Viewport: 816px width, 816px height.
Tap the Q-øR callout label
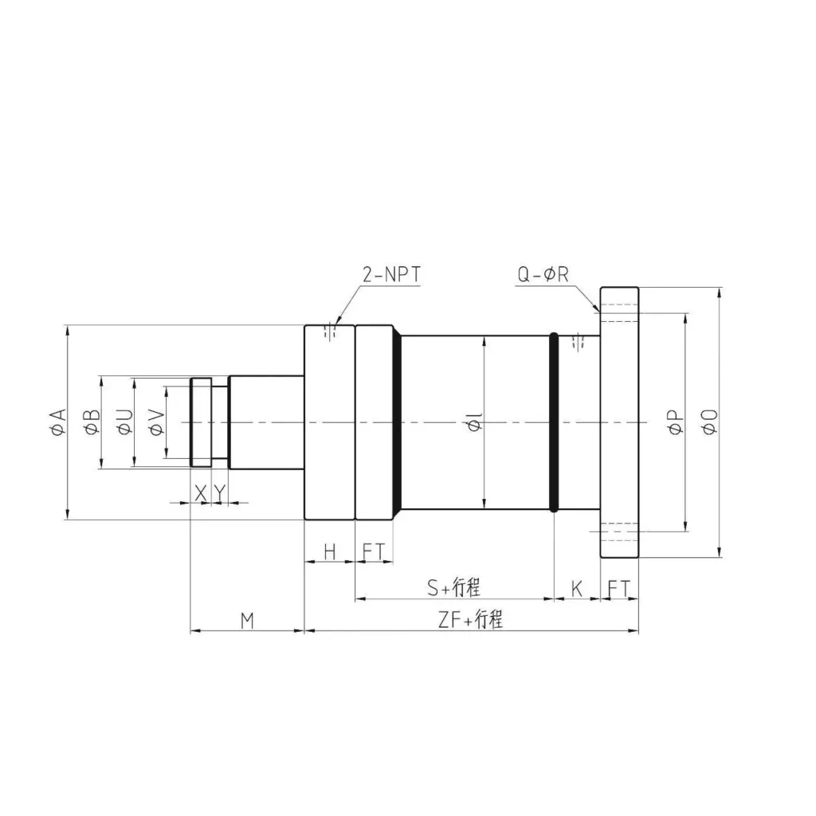(x=543, y=276)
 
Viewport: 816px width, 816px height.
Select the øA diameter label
(x=56, y=422)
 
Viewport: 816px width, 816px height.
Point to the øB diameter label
(x=91, y=422)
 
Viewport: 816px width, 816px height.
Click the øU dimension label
(x=124, y=422)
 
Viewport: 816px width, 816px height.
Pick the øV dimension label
(x=155, y=422)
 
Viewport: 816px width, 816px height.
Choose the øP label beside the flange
(x=674, y=422)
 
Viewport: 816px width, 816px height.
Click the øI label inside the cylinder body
(x=475, y=423)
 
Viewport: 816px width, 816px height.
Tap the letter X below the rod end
(x=201, y=494)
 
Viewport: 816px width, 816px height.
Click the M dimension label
(x=247, y=621)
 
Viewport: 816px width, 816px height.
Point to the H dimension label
(x=329, y=551)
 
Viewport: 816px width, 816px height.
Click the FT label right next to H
(x=373, y=551)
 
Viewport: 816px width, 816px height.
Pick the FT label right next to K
(x=619, y=589)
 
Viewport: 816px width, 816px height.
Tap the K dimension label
(x=577, y=589)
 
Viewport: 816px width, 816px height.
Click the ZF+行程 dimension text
(x=471, y=621)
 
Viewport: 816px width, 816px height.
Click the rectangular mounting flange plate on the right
(x=619, y=422)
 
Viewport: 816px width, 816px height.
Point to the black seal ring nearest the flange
(x=554, y=422)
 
